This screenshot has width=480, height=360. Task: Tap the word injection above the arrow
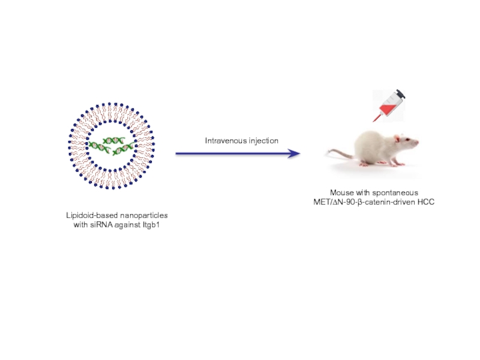coord(263,141)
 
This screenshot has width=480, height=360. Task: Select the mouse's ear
coord(395,137)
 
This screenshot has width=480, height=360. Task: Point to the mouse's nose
coord(418,144)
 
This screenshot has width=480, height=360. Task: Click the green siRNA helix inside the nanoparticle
coord(110,145)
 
